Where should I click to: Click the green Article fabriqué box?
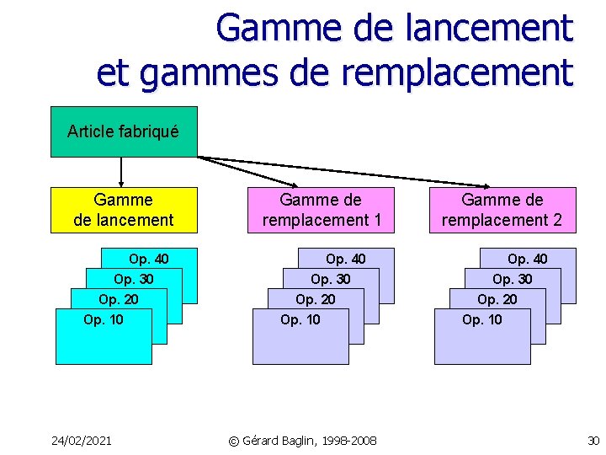[124, 131]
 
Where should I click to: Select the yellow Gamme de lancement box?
[124, 210]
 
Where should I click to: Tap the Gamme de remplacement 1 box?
[322, 210]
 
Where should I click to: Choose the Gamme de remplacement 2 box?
[502, 210]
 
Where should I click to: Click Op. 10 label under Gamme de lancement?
[104, 319]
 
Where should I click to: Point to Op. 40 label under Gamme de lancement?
[149, 259]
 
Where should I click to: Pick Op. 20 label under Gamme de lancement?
[119, 299]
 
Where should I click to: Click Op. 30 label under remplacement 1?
[331, 279]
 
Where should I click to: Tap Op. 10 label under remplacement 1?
[300, 319]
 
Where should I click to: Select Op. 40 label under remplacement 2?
[528, 259]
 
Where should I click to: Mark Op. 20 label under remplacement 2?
[497, 299]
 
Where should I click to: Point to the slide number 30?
[593, 441]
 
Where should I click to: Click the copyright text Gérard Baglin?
[304, 441]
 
